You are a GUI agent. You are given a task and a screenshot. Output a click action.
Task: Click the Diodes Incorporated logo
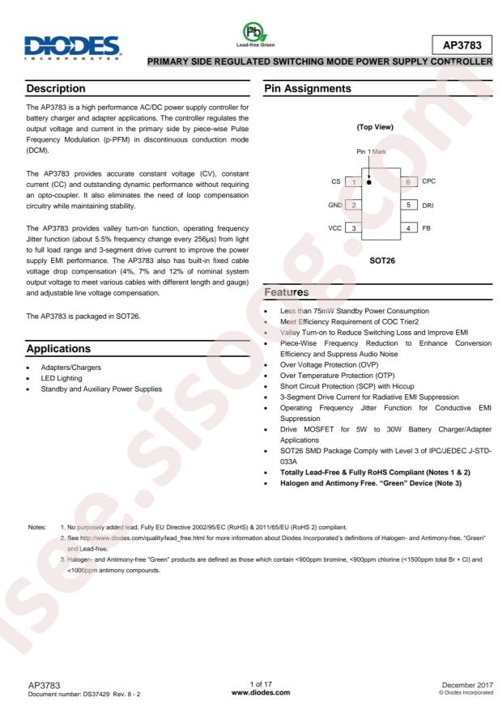(71, 46)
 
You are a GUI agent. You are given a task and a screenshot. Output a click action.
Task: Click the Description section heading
(57, 87)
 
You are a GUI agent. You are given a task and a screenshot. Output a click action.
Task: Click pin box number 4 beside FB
(411, 228)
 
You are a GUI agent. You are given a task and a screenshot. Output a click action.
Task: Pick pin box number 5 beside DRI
(411, 205)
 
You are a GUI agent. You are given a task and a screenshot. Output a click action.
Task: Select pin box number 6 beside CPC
(411, 182)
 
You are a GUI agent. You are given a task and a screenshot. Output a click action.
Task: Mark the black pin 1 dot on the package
(368, 182)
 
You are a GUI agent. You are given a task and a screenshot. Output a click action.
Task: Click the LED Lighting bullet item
(63, 378)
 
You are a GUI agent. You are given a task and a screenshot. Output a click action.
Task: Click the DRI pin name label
(428, 206)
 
